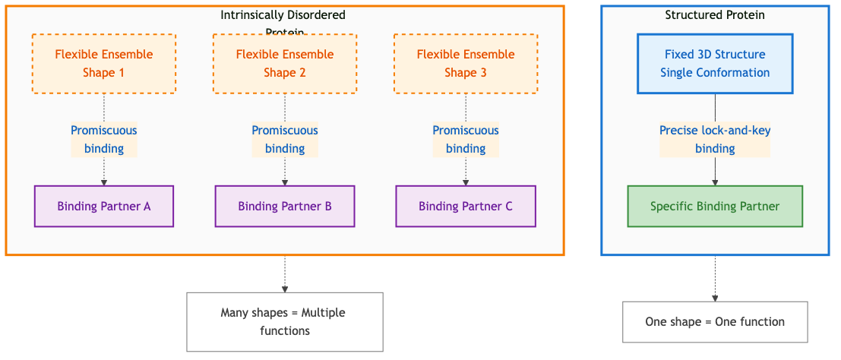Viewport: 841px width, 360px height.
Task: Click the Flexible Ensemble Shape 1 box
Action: [104, 64]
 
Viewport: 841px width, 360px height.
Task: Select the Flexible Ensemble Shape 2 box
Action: [285, 64]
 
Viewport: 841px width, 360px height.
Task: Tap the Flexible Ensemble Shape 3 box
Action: [466, 64]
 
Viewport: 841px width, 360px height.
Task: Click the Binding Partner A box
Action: [104, 207]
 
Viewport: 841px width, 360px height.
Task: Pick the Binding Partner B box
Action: [285, 207]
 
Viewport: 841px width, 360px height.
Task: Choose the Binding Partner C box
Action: [466, 207]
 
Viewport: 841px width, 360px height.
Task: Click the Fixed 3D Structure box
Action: [715, 64]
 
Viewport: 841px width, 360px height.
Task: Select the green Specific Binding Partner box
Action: [715, 207]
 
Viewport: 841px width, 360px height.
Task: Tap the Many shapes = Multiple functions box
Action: [285, 322]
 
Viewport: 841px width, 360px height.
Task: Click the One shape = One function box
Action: [715, 322]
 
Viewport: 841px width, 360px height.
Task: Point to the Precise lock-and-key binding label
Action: [715, 140]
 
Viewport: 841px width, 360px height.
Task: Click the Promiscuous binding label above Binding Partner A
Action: [104, 140]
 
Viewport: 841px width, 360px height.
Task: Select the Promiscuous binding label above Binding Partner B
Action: [285, 140]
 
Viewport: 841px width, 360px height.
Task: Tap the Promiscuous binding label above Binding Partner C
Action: [466, 140]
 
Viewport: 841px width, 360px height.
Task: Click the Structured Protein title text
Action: [715, 15]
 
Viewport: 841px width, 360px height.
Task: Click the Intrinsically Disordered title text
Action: [283, 15]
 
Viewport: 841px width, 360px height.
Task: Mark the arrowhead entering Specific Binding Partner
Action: [715, 182]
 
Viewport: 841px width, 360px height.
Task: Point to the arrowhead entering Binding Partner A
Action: [104, 182]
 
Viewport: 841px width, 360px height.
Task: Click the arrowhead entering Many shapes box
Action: [285, 289]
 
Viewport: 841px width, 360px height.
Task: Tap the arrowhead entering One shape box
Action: [715, 298]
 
